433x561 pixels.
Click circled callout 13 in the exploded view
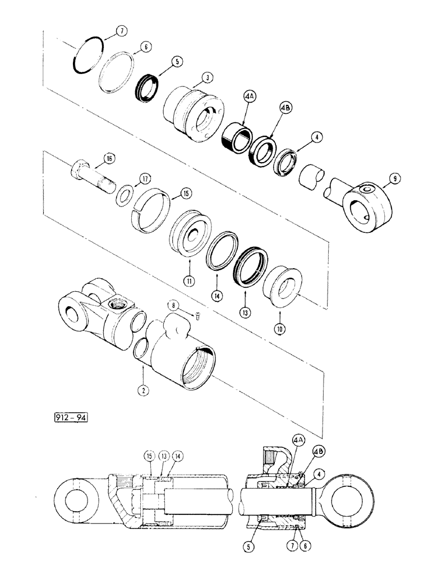245,310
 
